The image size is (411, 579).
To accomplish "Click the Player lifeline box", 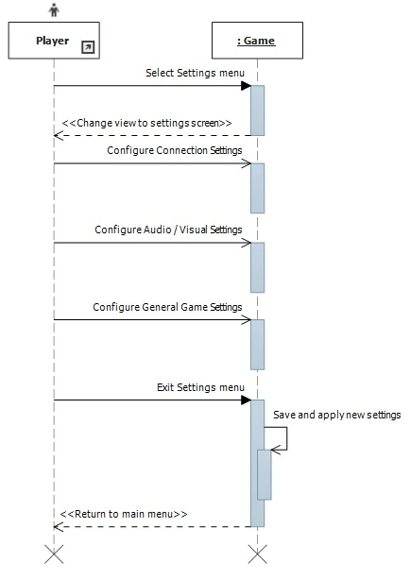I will [53, 42].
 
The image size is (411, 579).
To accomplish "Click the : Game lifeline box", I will [256, 42].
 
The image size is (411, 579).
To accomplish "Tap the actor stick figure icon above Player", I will [54, 10].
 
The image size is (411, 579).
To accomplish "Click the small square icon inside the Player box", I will [88, 46].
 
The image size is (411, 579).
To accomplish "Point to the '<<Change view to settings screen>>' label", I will [146, 123].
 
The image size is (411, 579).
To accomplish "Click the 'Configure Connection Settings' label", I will [174, 150].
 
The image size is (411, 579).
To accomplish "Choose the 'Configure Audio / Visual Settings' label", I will [168, 230].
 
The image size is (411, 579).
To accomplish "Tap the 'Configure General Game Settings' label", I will [167, 307].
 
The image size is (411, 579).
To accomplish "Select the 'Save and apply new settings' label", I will [337, 415].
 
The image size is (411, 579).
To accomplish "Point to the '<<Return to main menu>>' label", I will [124, 514].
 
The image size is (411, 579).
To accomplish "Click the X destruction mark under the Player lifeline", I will [54, 553].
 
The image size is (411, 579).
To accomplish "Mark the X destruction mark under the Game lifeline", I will [257, 553].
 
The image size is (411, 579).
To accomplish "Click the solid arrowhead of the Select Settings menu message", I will [245, 86].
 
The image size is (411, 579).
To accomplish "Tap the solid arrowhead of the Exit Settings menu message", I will [245, 400].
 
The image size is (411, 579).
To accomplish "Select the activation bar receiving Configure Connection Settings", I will [257, 188].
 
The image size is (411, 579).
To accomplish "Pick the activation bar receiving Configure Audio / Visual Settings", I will [257, 267].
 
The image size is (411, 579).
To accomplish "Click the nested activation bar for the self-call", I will [265, 473].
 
